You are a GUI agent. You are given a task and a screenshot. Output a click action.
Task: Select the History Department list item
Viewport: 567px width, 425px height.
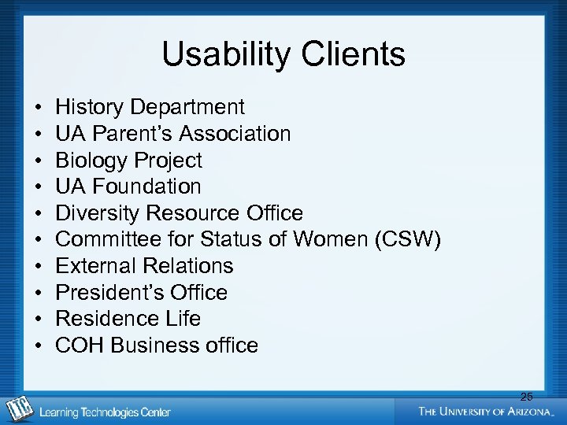pyautogui.click(x=150, y=107)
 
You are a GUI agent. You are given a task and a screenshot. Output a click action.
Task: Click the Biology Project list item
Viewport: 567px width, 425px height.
pyautogui.click(x=128, y=161)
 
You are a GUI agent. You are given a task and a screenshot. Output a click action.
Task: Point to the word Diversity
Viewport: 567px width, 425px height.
pyautogui.click(x=100, y=213)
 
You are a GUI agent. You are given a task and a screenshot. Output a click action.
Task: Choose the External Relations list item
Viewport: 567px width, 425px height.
pyautogui.click(x=144, y=266)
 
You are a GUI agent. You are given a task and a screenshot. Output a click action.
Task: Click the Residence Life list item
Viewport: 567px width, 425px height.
pyautogui.click(x=128, y=319)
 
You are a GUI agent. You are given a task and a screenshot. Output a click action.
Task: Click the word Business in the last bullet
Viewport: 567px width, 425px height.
pyautogui.click(x=149, y=346)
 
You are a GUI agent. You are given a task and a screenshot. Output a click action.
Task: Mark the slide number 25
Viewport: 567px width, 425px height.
pyautogui.click(x=526, y=397)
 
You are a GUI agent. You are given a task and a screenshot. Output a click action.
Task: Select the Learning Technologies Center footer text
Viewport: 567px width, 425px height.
pyautogui.click(x=105, y=412)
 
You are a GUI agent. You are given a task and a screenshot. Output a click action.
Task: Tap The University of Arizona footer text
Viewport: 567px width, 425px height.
pyautogui.click(x=487, y=412)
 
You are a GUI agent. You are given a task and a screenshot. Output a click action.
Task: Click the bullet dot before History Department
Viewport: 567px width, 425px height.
pyautogui.click(x=38, y=108)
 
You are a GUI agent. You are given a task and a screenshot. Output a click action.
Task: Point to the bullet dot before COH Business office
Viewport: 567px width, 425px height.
pyautogui.click(x=38, y=346)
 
